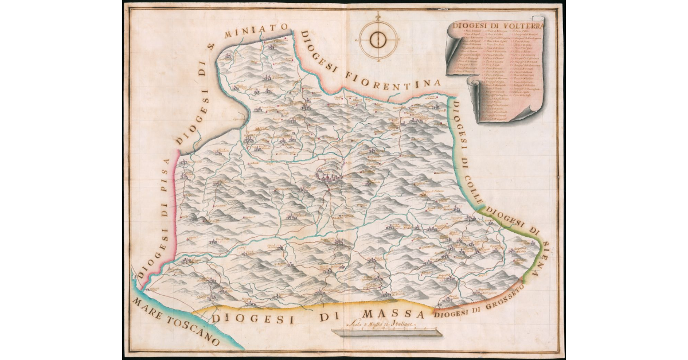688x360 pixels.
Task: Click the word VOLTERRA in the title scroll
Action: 521,25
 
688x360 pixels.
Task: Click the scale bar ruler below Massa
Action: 385,332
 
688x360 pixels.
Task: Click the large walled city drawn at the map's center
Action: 330,178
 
